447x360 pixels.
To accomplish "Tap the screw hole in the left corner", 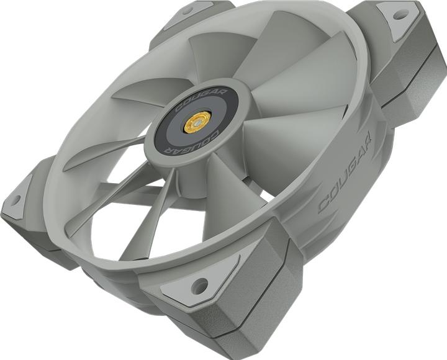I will tap(16, 200).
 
